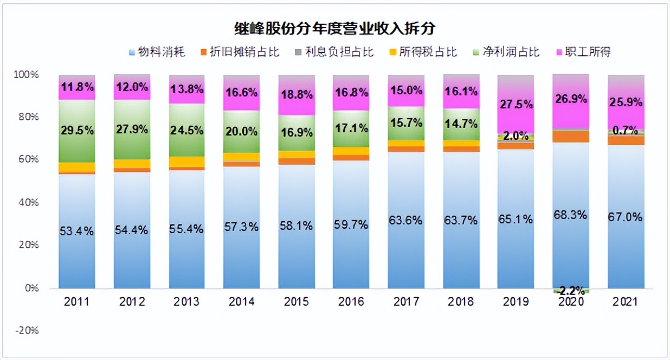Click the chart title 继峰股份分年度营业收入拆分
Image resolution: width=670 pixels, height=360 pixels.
pos(335,28)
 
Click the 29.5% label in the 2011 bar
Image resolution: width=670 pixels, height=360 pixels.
pos(77,131)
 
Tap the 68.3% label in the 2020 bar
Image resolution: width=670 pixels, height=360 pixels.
pos(571,215)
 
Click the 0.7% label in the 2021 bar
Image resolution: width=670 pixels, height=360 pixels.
pos(626,131)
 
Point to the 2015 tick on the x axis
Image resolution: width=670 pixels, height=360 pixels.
pos(296,302)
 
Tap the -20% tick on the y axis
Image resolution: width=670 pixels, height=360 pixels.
pos(27,330)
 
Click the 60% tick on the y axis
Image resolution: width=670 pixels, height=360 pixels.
pos(28,159)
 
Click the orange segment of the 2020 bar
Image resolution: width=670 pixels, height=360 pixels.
pos(571,137)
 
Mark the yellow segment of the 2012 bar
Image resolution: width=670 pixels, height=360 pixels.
pos(132,164)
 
